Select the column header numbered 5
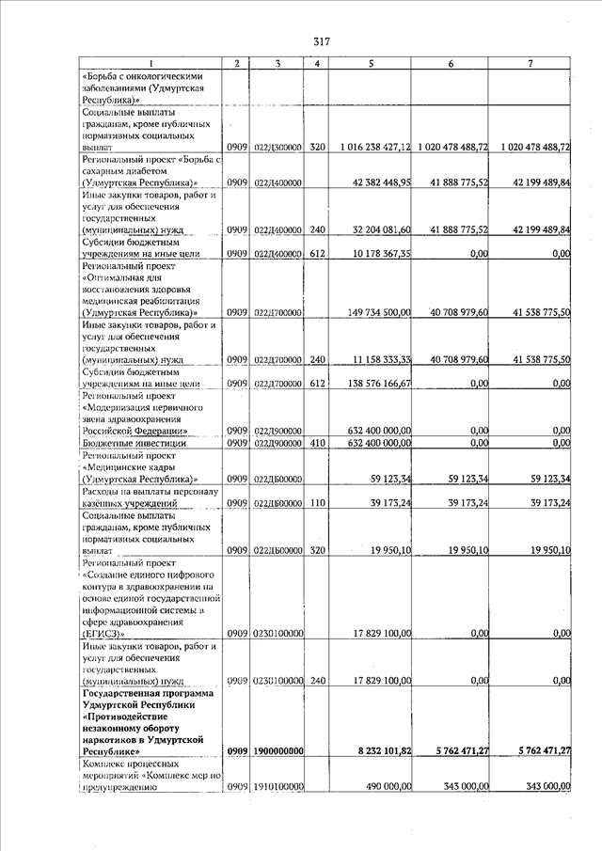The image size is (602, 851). (x=372, y=63)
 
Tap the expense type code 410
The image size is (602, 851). (x=317, y=443)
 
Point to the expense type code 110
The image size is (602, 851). (x=317, y=503)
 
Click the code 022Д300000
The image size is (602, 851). (x=277, y=148)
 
